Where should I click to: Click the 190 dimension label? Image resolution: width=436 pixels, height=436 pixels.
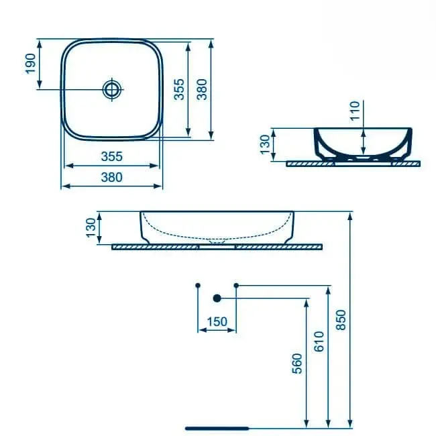[x=30, y=64]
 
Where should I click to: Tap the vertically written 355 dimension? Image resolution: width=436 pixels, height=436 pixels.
[x=179, y=89]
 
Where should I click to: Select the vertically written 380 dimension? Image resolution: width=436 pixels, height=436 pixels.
[x=202, y=89]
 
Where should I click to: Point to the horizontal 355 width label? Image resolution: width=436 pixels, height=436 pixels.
[x=112, y=156]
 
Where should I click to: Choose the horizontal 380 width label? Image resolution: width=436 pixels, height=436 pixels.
[x=112, y=177]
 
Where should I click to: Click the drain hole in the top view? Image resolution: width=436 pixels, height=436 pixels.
[x=112, y=89]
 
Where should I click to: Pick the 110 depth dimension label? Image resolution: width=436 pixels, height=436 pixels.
[x=355, y=111]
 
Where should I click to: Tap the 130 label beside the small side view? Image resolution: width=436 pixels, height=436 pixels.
[x=265, y=144]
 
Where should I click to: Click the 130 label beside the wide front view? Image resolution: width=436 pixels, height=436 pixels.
[x=91, y=227]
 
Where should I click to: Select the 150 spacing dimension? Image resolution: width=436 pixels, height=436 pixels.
[x=217, y=322]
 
